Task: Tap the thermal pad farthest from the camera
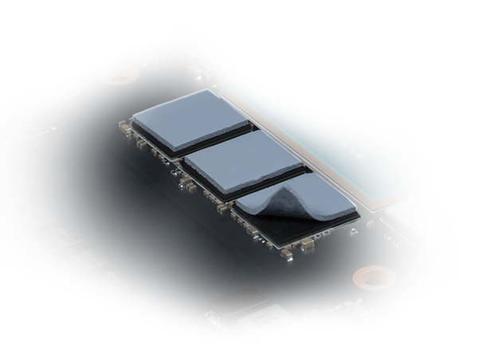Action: coord(190,119)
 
